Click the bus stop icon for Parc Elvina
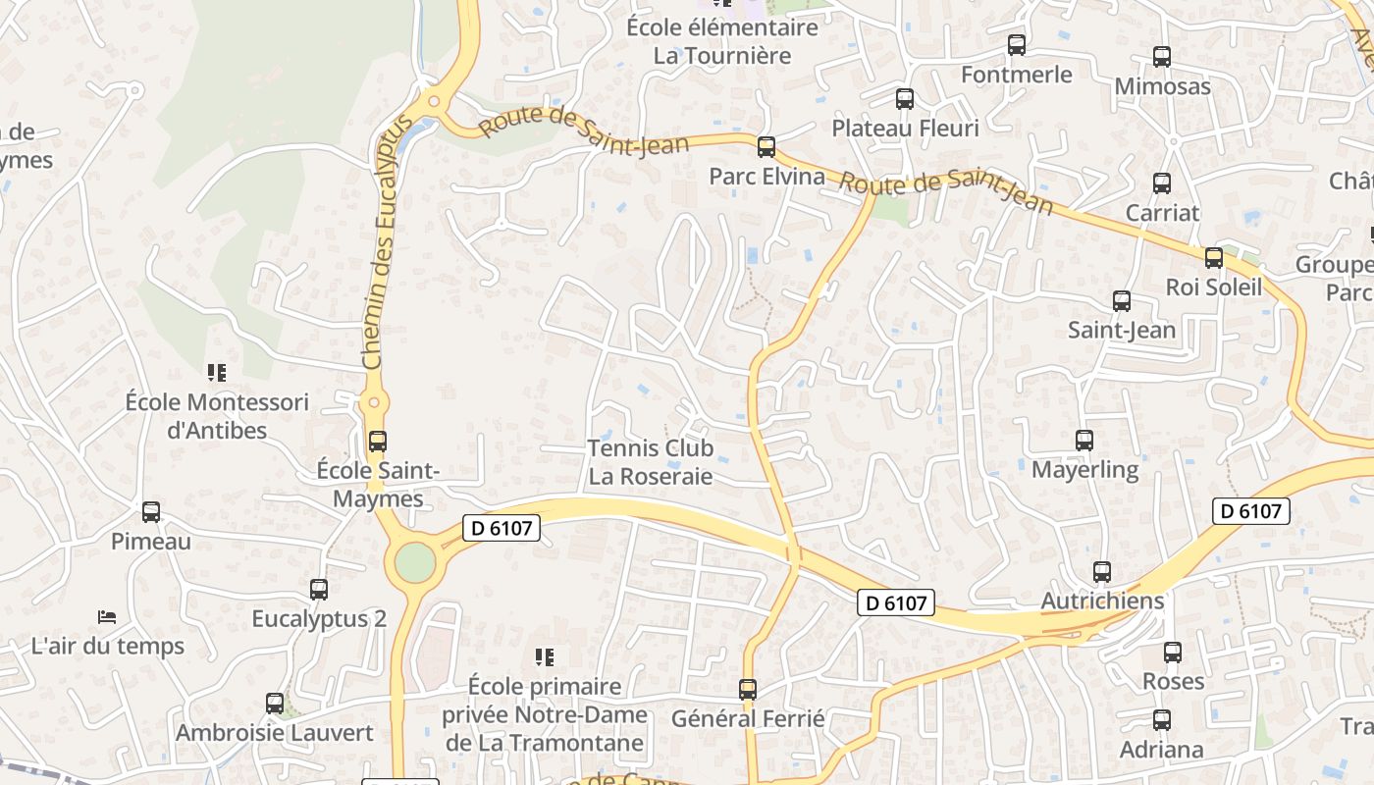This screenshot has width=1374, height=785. tap(766, 147)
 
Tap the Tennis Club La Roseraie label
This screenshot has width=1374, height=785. tap(650, 462)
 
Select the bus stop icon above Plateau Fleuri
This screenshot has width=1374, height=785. tap(904, 99)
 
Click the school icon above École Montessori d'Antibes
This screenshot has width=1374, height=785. tap(216, 372)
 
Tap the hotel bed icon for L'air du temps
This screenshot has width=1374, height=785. tap(107, 617)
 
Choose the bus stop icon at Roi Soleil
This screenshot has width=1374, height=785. tap(1214, 258)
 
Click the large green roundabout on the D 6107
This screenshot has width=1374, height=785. tap(414, 562)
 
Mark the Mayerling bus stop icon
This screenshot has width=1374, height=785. tap(1084, 441)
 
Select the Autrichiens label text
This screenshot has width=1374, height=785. tap(1102, 601)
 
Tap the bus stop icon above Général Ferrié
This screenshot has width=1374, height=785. tap(748, 690)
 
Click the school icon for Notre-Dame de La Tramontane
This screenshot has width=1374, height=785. tap(545, 656)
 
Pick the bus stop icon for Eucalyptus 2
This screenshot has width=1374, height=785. tap(319, 590)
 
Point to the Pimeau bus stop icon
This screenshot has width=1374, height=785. tap(150, 511)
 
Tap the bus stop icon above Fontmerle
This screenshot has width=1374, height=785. tap(1017, 45)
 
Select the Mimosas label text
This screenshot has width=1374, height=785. tap(1162, 86)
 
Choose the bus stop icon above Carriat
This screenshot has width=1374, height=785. tap(1162, 183)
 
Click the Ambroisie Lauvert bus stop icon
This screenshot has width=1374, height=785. tap(275, 704)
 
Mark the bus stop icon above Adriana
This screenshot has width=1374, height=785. tap(1162, 720)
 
